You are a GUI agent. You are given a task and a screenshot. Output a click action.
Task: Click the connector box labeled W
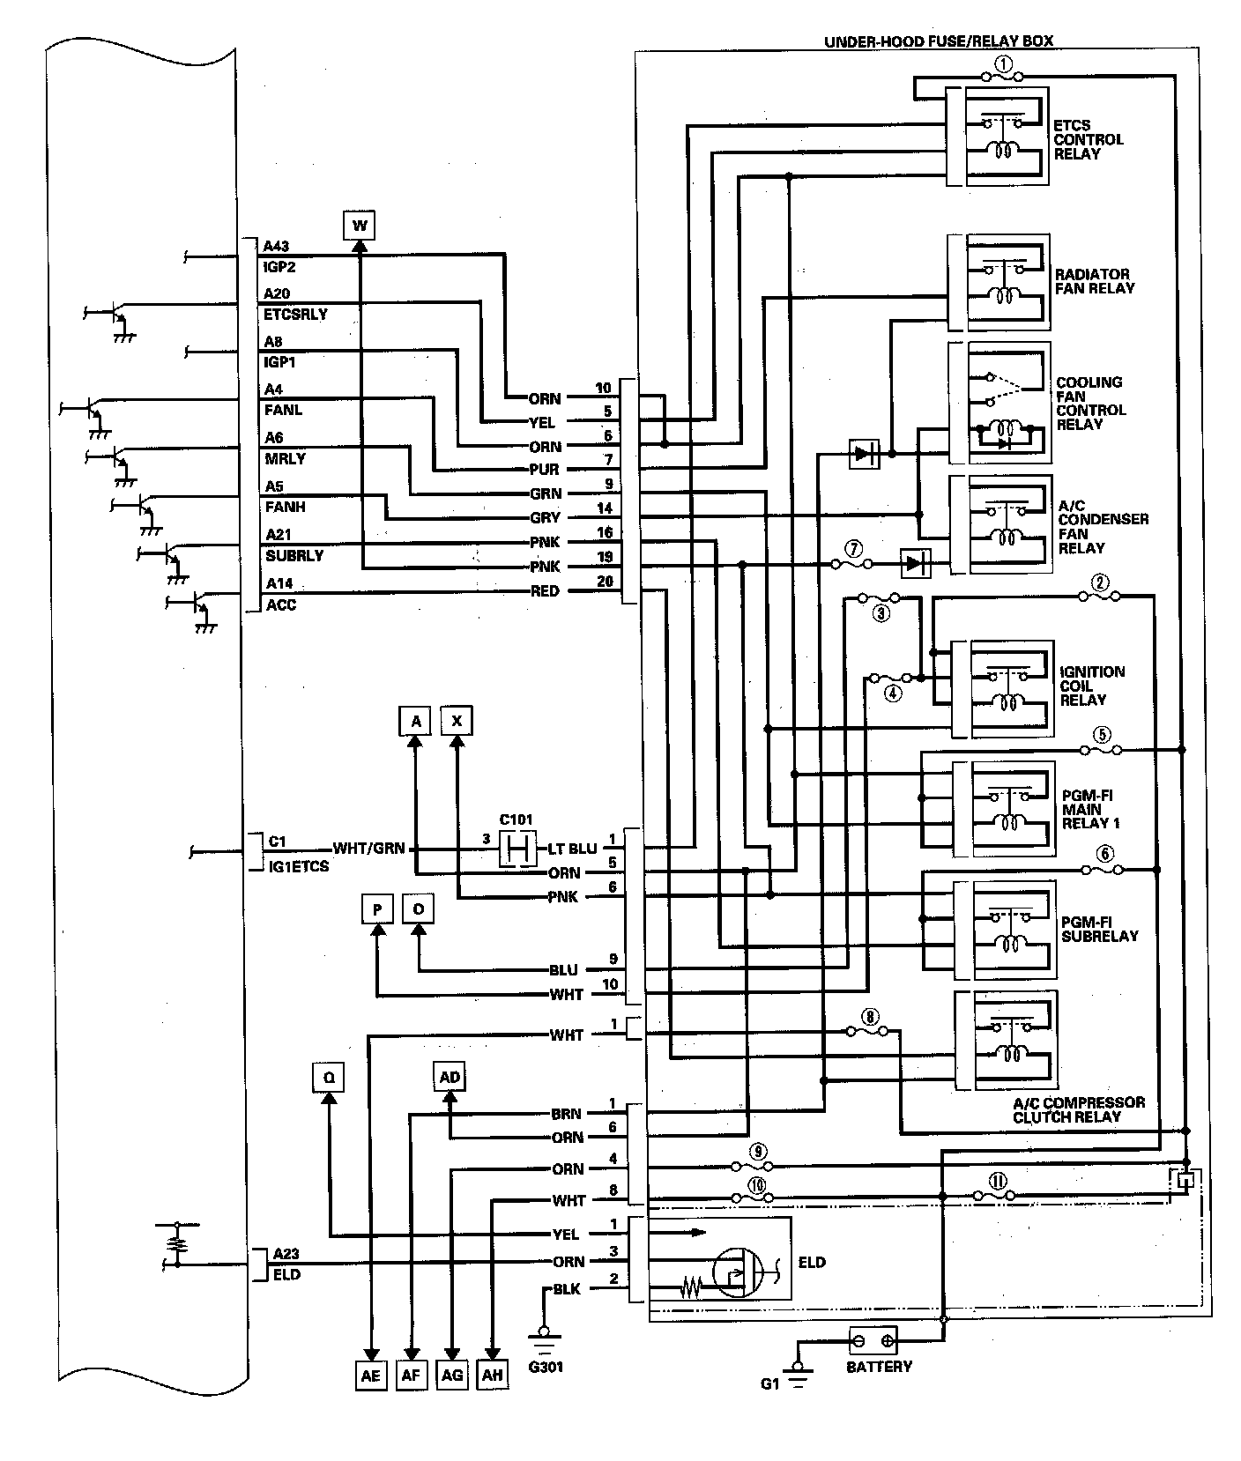360,226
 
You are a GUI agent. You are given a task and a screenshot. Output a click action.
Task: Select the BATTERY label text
879,1367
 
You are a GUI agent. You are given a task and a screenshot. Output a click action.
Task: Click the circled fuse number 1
1004,63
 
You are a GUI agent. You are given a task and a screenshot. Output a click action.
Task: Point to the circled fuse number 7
851,548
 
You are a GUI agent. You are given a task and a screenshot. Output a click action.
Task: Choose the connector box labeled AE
370,1376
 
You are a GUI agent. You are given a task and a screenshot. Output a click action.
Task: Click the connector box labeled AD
450,1078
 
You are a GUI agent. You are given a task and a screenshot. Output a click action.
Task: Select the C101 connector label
516,819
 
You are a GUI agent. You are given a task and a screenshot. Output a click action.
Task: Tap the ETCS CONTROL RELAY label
1089,139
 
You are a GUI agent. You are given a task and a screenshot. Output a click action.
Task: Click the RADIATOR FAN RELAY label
1095,281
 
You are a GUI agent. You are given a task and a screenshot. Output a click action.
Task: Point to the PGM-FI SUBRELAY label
1099,929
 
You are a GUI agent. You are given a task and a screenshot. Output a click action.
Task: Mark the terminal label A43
276,246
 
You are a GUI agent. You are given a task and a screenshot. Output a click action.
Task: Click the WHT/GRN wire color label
368,849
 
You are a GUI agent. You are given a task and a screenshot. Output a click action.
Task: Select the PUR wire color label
545,470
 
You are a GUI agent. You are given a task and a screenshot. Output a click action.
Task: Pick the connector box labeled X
457,721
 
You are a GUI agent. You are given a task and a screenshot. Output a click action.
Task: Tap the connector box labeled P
377,909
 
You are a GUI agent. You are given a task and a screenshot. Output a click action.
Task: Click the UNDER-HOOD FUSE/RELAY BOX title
939,41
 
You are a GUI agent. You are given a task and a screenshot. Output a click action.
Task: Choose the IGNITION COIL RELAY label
1093,686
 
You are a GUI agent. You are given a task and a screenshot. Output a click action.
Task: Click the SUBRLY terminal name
294,556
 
